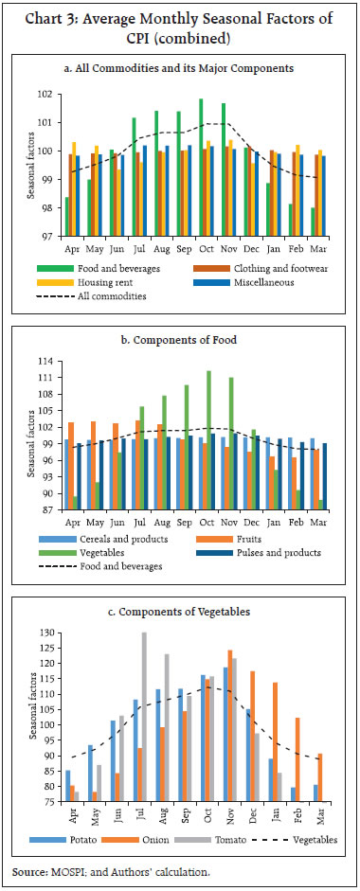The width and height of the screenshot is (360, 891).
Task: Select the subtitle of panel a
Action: point(180,67)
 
